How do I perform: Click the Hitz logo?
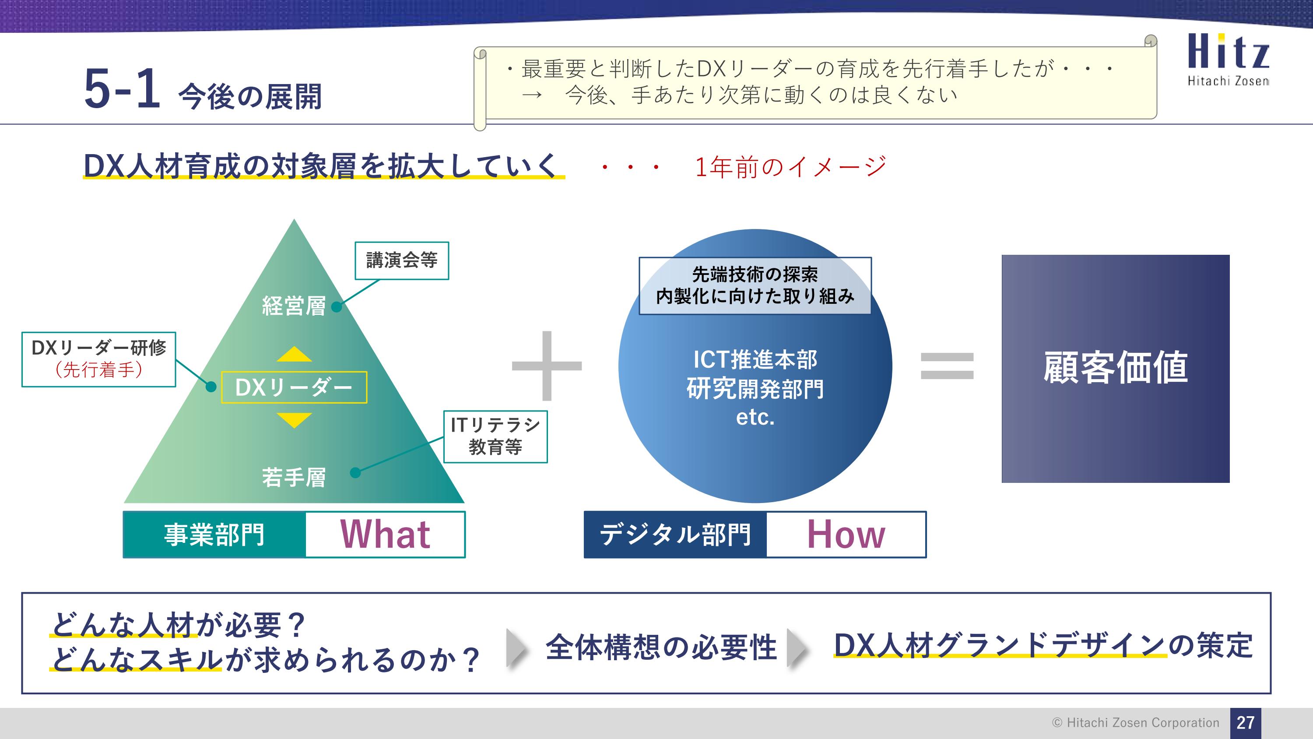[1228, 59]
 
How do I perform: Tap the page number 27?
[1245, 722]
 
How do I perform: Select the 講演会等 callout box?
[402, 260]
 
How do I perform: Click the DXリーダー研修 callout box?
[99, 359]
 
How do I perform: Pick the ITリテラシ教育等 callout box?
[495, 436]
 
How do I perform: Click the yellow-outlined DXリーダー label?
[294, 387]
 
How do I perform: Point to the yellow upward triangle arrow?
[294, 355]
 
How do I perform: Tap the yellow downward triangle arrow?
[294, 420]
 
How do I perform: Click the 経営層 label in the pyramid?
[294, 306]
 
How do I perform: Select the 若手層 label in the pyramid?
[294, 477]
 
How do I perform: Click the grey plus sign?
[546, 366]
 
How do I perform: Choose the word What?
[385, 535]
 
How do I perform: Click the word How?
[846, 535]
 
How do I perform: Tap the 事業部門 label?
[214, 535]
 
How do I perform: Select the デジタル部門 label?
[675, 535]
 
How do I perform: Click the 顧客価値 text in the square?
[1115, 367]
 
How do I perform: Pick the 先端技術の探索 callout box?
[755, 285]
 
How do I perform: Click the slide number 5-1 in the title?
[123, 90]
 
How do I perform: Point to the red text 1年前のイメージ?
[790, 167]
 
